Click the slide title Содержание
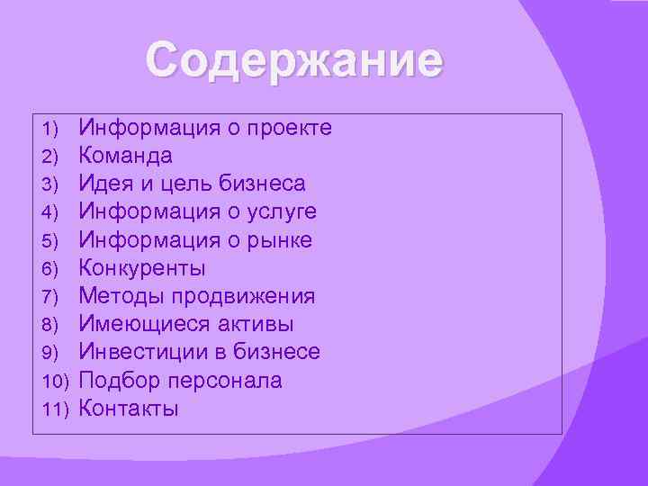point(295,62)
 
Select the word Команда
point(125,156)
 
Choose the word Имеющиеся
point(137,324)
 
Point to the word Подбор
point(113,381)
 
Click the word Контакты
point(129,409)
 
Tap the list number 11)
point(56,409)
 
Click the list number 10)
point(56,382)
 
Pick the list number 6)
point(49,269)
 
